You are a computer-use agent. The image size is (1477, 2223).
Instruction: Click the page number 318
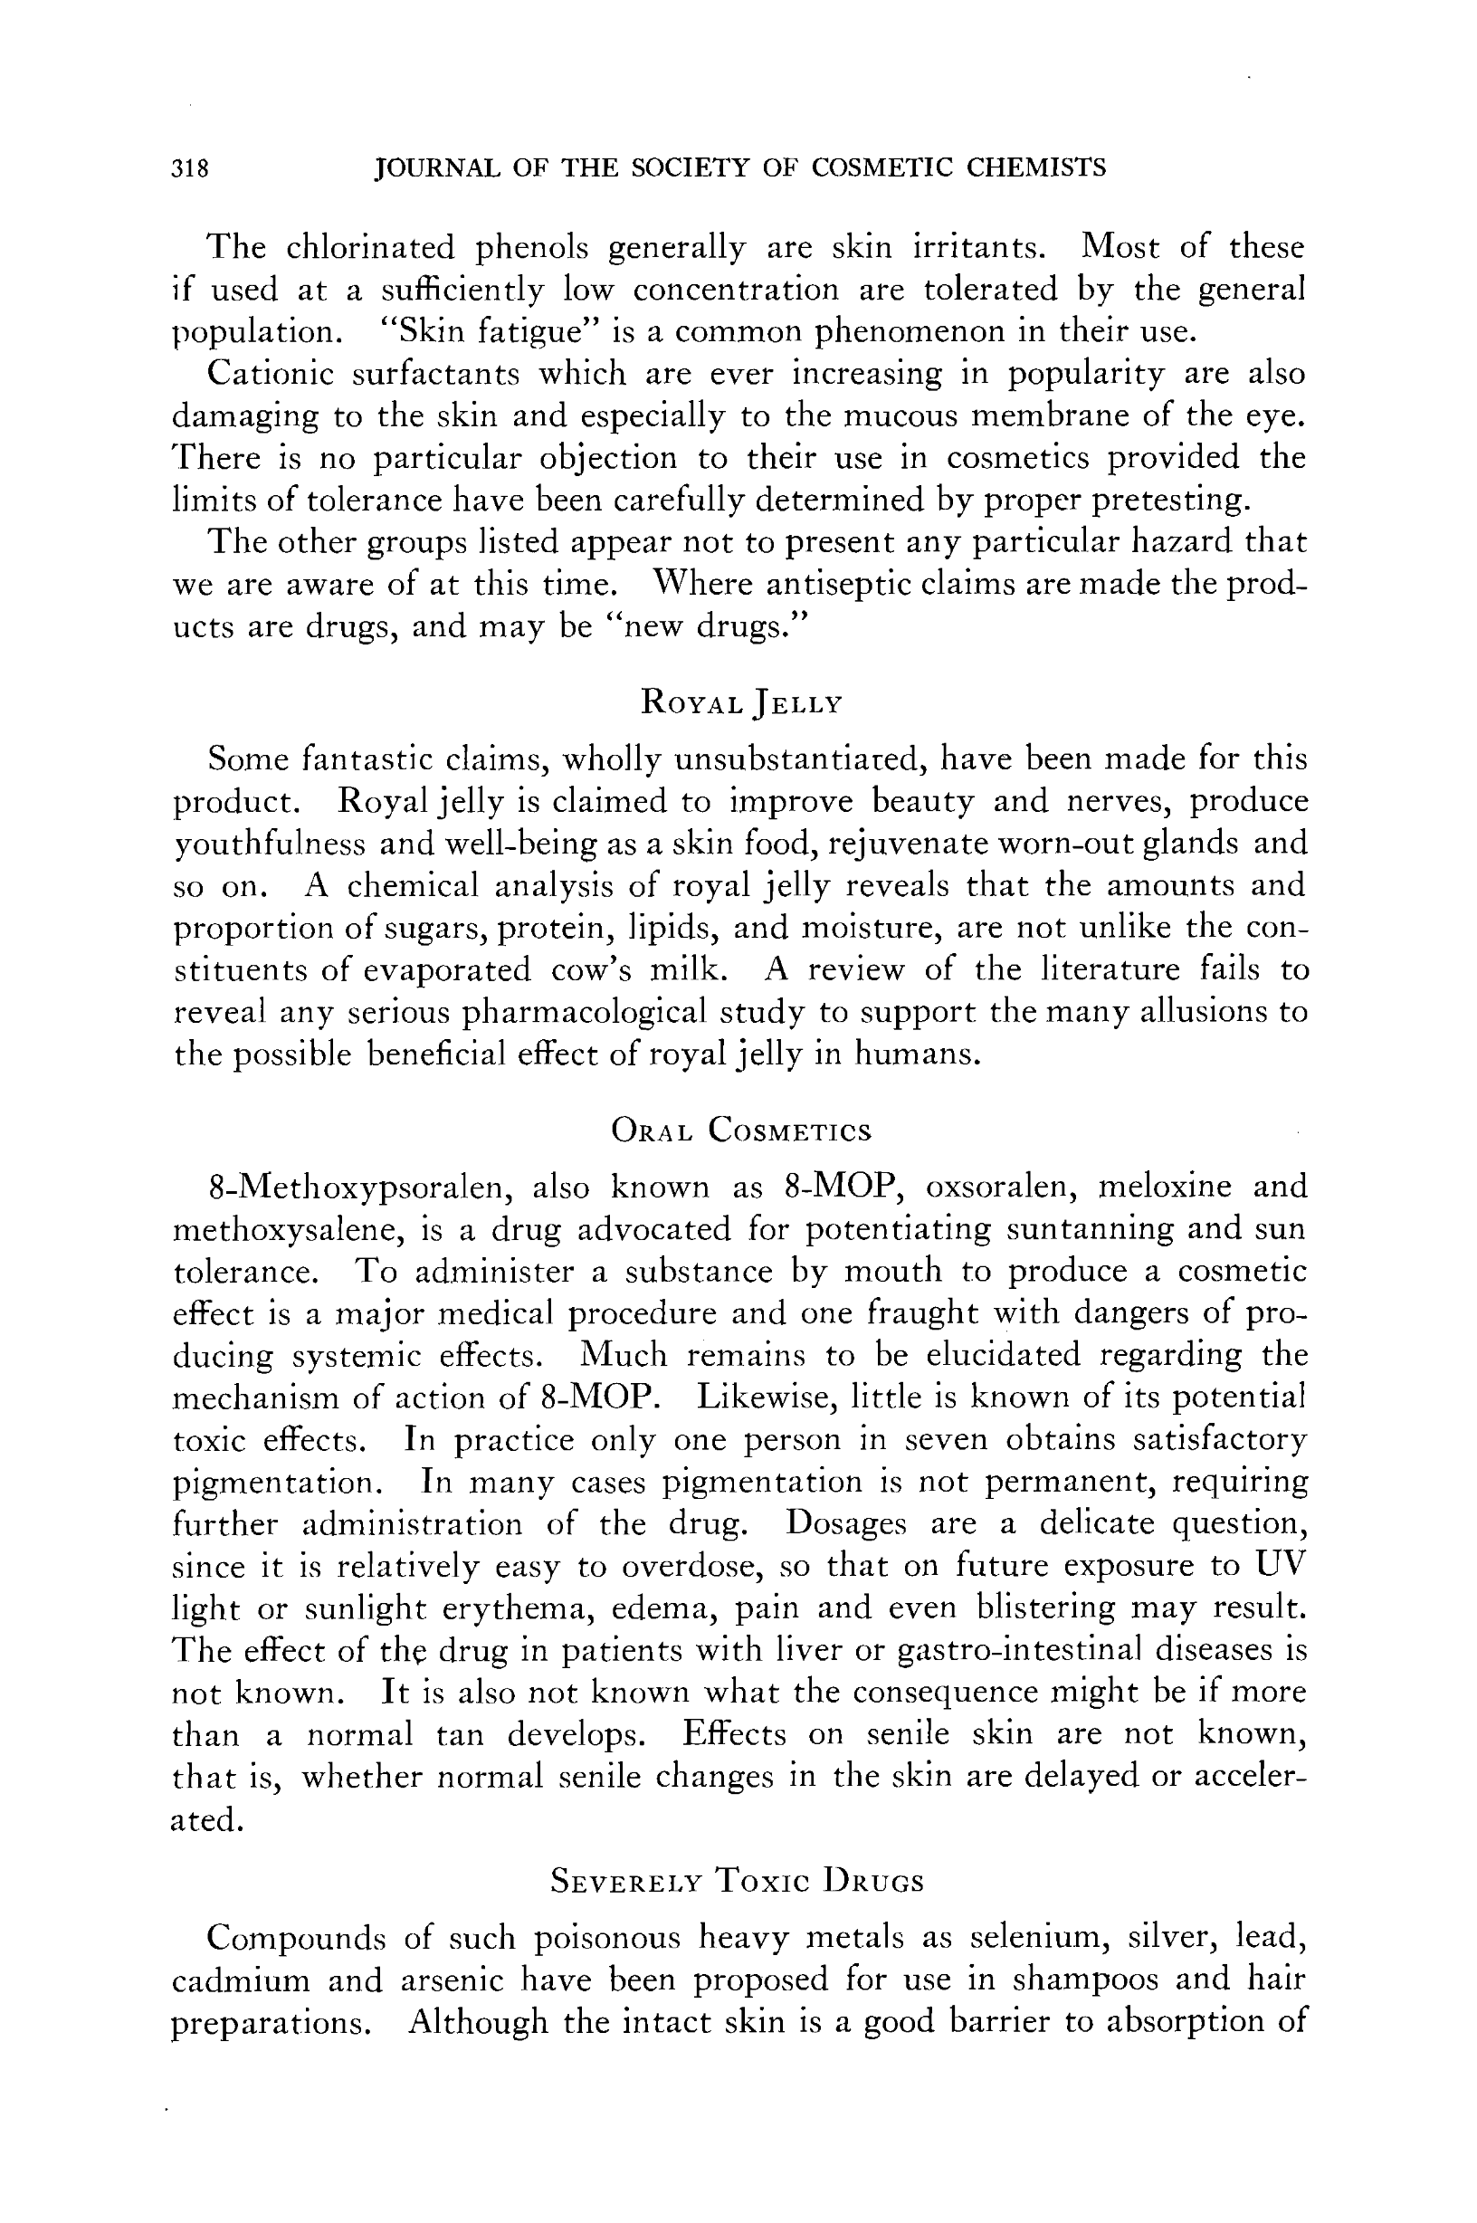[x=189, y=168]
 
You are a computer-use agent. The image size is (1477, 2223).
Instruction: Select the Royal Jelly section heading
[x=740, y=702]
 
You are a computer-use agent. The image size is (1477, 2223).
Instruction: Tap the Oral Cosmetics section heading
[x=741, y=1131]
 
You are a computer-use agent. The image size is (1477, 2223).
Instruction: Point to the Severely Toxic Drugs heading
[x=737, y=1881]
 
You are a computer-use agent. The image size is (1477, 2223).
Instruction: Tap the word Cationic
[x=271, y=374]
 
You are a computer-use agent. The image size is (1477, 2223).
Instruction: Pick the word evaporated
[x=447, y=970]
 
